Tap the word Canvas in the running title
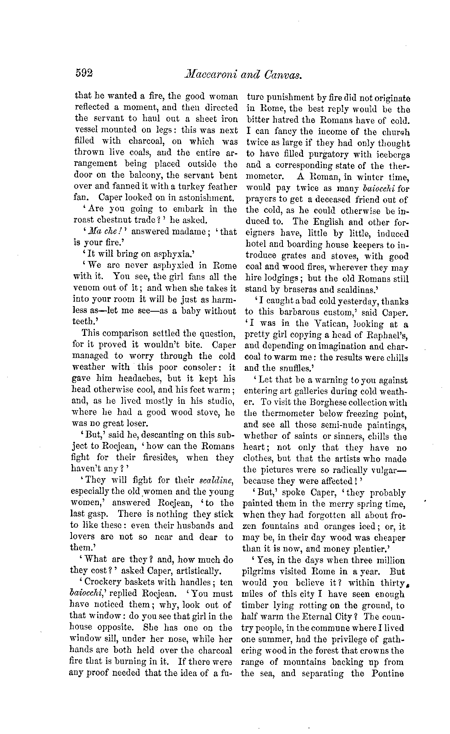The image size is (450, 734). (x=283, y=74)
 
